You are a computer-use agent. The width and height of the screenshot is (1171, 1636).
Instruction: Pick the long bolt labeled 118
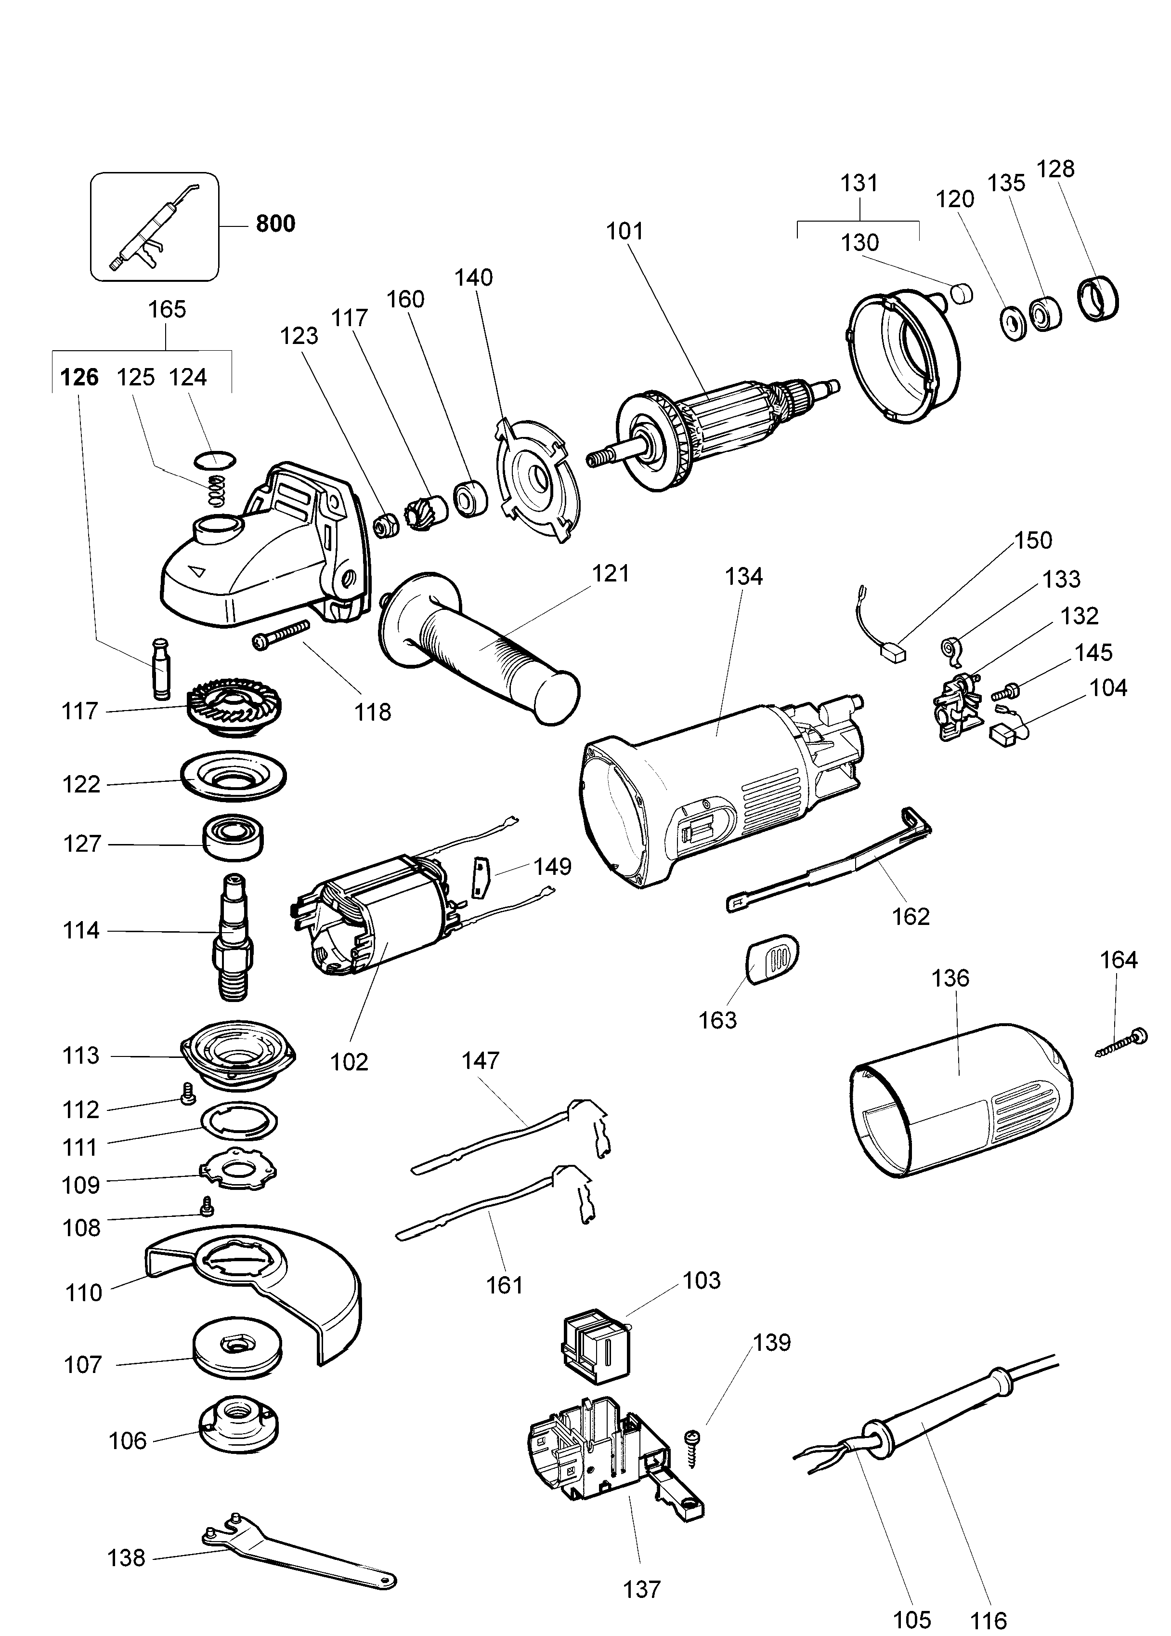click(281, 633)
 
